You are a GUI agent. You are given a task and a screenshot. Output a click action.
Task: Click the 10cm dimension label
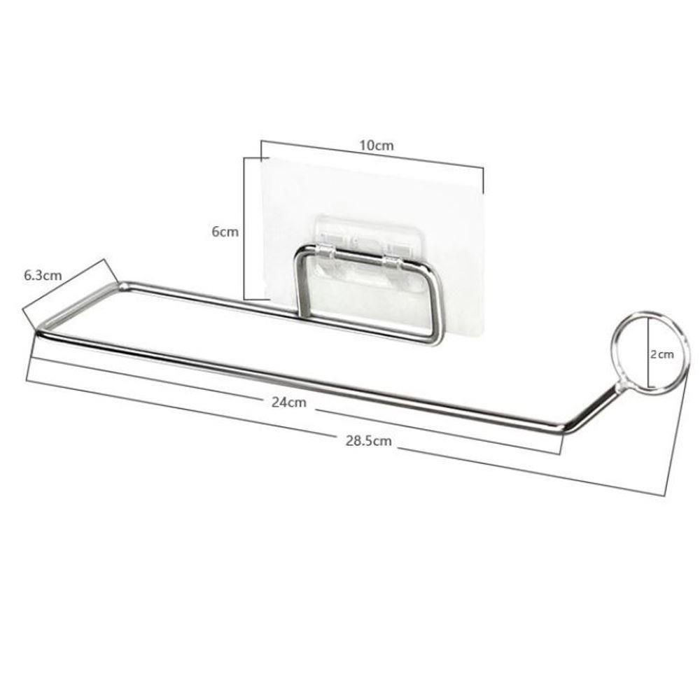pyautogui.click(x=377, y=146)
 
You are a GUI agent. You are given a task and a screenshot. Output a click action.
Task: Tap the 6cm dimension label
pyautogui.click(x=225, y=232)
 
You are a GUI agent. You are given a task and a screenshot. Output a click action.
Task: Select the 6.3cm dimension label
pyautogui.click(x=43, y=275)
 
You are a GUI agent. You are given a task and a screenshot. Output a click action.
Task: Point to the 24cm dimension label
pyautogui.click(x=289, y=402)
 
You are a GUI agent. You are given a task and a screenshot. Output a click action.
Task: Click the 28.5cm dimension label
pyautogui.click(x=368, y=441)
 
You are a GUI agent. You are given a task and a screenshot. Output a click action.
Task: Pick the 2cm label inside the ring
pyautogui.click(x=661, y=354)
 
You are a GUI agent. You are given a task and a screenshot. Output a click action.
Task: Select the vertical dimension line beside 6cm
pyautogui.click(x=244, y=228)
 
